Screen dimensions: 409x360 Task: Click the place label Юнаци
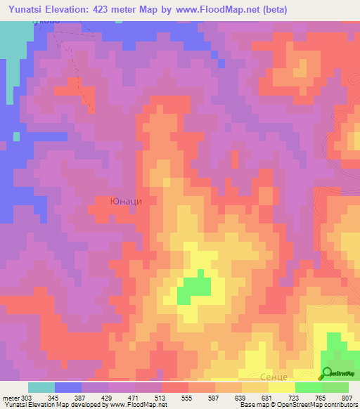point(127,201)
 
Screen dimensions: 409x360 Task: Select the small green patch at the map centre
point(193,288)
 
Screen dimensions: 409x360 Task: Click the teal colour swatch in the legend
point(41,387)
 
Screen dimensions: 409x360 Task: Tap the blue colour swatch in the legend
point(67,387)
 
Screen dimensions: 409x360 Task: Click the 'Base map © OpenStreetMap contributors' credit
point(298,405)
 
